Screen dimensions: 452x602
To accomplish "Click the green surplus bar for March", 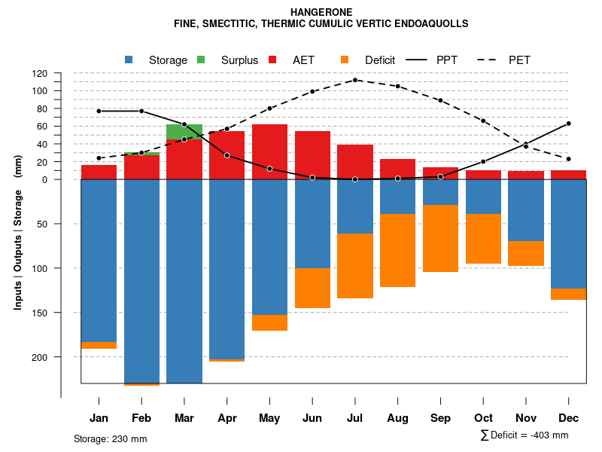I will (184, 132).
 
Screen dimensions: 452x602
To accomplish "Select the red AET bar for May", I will (269, 151).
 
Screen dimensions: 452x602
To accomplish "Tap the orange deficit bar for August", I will (397, 250).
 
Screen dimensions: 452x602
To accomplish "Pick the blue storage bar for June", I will (312, 224).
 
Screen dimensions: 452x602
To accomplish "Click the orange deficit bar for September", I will (440, 238).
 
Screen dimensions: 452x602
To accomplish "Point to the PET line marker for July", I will (355, 80).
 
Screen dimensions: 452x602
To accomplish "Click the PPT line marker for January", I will (99, 111).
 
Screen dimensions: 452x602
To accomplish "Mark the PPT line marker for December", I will (569, 124).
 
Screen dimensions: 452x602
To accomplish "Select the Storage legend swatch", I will (129, 60).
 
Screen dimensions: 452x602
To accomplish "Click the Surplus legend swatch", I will (201, 60).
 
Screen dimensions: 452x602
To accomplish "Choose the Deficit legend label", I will (381, 60).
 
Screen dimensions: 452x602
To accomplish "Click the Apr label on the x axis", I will (227, 418).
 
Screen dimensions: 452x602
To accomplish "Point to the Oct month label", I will (483, 418).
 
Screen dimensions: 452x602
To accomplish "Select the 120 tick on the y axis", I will (40, 74).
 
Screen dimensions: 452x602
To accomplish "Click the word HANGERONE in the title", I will (321, 12).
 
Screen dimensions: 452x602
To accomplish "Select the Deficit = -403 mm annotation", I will (524, 435).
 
